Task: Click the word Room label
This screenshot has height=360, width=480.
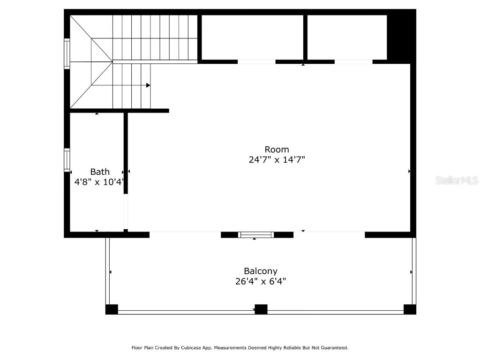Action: [x=277, y=150]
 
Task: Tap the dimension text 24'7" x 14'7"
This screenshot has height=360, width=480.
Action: [x=277, y=160]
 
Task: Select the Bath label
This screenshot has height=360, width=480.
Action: [x=100, y=172]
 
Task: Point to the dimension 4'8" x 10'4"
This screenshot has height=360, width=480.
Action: [x=99, y=182]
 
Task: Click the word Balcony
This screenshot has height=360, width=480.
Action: [x=260, y=271]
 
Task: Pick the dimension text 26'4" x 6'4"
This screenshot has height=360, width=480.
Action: [x=260, y=281]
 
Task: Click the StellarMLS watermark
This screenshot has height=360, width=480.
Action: [x=456, y=180]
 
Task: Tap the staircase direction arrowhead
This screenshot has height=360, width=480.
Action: [x=148, y=85]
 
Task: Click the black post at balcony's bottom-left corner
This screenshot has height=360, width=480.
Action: [x=112, y=309]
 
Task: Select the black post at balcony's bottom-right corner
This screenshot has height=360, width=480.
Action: [x=410, y=309]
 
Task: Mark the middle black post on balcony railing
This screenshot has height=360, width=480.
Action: [x=261, y=309]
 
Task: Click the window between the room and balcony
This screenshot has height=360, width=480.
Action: [x=255, y=234]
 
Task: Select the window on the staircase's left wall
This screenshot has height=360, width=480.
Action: [x=67, y=54]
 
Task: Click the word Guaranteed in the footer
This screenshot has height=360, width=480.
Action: [x=331, y=348]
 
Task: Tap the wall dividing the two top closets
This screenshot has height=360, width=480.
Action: [x=305, y=37]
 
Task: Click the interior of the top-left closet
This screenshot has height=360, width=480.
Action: [x=252, y=37]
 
